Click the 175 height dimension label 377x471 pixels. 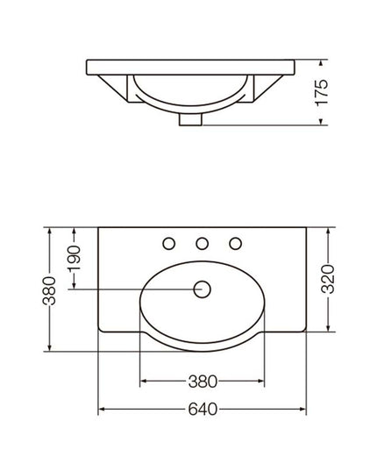pyautogui.click(x=322, y=92)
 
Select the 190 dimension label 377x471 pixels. pyautogui.click(x=74, y=259)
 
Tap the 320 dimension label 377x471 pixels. pyautogui.click(x=328, y=279)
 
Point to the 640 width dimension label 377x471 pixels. pyautogui.click(x=203, y=409)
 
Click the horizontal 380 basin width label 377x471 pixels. pyautogui.click(x=203, y=382)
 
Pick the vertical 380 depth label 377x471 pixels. pyautogui.click(x=49, y=291)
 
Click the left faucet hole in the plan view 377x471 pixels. pyautogui.click(x=169, y=243)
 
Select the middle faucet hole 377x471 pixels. pyautogui.click(x=203, y=243)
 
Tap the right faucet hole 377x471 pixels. pyautogui.click(x=236, y=243)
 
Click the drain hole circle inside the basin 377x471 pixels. pyautogui.click(x=202, y=289)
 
